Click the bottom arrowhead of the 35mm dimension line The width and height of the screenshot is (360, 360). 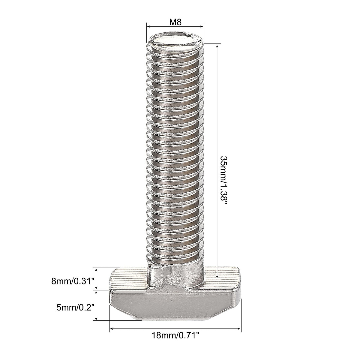click(216, 277)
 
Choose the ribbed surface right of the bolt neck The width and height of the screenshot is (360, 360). click(222, 277)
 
